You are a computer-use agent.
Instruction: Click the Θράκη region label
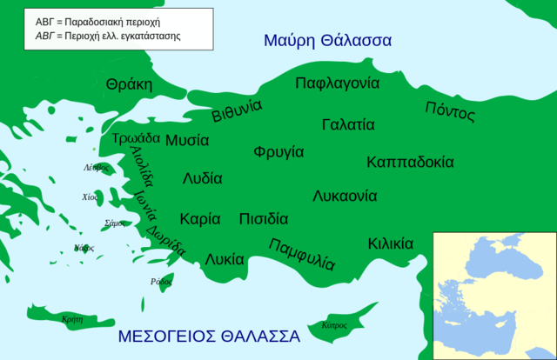click(129, 84)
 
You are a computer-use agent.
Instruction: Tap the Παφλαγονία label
click(337, 83)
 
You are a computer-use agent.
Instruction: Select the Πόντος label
click(450, 112)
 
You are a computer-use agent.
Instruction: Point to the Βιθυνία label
click(237, 112)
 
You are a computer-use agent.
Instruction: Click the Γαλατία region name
click(348, 124)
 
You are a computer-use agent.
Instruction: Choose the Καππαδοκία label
click(410, 162)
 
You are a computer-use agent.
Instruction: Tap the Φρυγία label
click(278, 152)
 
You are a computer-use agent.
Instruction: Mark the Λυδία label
click(202, 178)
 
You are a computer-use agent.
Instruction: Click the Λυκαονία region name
click(345, 196)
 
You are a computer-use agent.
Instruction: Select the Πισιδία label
click(263, 219)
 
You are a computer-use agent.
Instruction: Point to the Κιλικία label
click(391, 243)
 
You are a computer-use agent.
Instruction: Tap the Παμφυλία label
click(302, 253)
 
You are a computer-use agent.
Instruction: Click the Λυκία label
click(225, 258)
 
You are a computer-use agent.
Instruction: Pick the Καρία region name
click(200, 219)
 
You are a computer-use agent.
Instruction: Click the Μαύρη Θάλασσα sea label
click(327, 40)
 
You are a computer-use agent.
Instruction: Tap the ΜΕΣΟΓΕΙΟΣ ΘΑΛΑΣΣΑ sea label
click(209, 337)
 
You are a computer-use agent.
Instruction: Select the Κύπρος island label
click(334, 325)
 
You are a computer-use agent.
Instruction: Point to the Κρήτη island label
click(73, 319)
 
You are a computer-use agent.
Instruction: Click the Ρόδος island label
click(161, 282)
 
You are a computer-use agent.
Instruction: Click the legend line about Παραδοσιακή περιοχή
click(103, 20)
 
